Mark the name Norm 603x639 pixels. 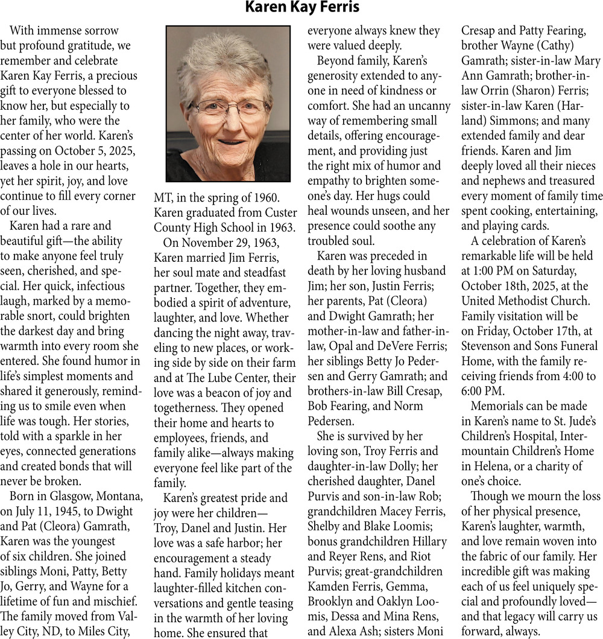click(x=413, y=405)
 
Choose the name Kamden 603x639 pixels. click(x=330, y=586)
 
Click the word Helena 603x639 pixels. click(x=493, y=466)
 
